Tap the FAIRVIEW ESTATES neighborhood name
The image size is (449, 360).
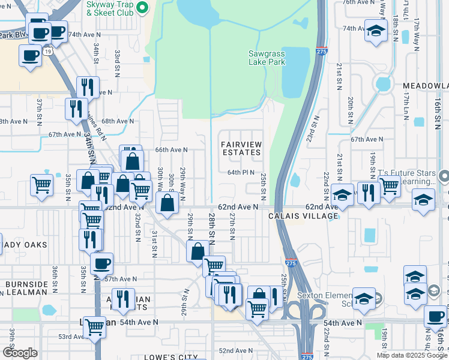tap(241, 149)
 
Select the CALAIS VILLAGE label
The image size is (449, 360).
tap(299, 216)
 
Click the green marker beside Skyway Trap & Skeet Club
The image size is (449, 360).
tap(142, 8)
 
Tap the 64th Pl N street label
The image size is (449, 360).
tap(241, 172)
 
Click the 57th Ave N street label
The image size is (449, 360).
tap(121, 279)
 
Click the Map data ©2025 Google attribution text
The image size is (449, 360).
tap(412, 355)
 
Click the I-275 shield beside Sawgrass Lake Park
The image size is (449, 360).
tap(322, 52)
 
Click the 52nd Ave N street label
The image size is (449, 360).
tap(234, 350)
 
